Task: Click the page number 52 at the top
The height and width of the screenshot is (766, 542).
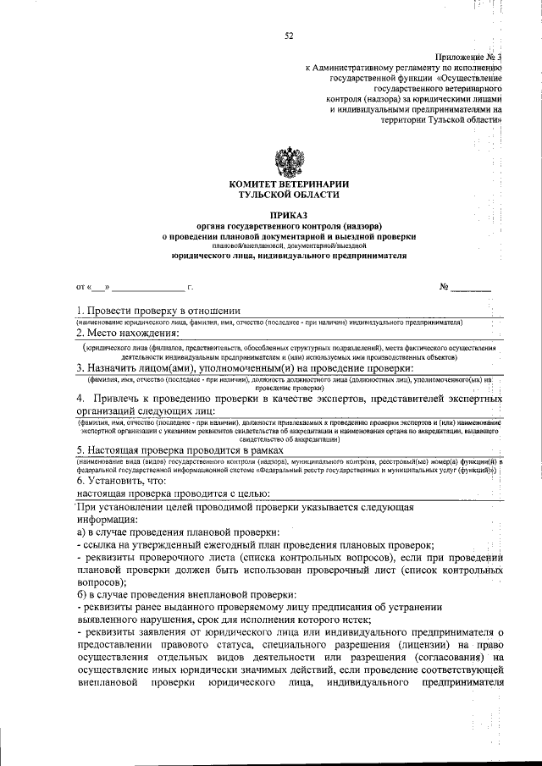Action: (289, 35)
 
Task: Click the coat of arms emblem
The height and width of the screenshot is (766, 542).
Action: (289, 160)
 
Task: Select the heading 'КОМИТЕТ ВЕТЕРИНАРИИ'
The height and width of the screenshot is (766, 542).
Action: (289, 185)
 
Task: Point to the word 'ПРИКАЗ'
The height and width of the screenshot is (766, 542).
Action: (289, 216)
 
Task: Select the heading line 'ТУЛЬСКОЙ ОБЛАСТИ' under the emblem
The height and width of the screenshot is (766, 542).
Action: (289, 195)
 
